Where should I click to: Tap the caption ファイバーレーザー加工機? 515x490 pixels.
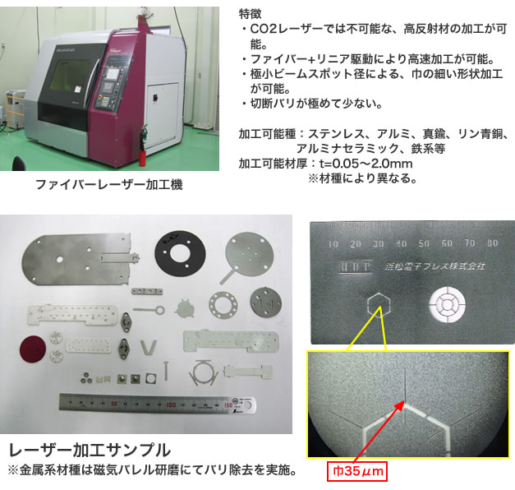click(x=108, y=184)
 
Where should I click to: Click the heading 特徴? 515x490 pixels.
click(x=251, y=14)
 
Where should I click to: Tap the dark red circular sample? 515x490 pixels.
click(x=33, y=349)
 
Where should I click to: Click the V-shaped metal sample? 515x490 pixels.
click(x=149, y=347)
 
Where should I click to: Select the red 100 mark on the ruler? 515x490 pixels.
click(x=171, y=404)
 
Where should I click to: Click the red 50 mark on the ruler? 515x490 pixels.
click(x=114, y=403)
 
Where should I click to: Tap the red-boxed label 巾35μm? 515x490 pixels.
click(x=357, y=471)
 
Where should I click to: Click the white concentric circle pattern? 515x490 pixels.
click(x=447, y=304)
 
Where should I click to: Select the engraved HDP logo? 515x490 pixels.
click(x=356, y=266)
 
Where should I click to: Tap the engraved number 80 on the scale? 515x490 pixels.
click(x=492, y=243)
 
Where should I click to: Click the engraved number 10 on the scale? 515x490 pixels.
click(x=333, y=244)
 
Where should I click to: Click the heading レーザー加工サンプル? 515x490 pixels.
click(x=90, y=451)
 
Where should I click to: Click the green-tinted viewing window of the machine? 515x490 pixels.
click(x=73, y=75)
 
